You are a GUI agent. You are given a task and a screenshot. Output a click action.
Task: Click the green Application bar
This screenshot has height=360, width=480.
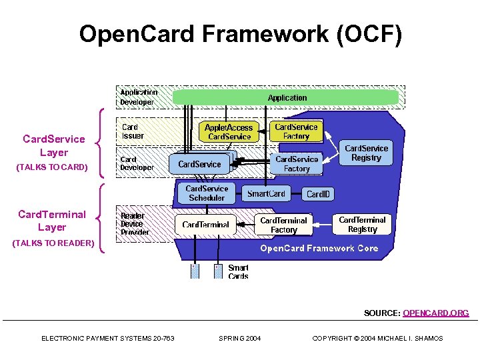click(285, 97)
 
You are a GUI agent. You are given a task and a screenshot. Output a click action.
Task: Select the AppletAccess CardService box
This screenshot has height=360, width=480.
click(229, 132)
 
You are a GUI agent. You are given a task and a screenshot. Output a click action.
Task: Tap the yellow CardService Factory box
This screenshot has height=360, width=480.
click(296, 131)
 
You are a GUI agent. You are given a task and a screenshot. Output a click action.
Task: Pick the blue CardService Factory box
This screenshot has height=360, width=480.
click(296, 164)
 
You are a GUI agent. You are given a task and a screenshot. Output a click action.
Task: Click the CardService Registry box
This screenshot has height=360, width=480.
click(366, 153)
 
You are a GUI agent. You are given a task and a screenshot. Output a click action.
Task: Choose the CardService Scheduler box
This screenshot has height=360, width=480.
click(207, 193)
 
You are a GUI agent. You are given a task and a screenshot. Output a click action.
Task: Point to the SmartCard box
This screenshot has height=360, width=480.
click(266, 193)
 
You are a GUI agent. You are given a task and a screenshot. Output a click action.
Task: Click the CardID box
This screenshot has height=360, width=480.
click(318, 194)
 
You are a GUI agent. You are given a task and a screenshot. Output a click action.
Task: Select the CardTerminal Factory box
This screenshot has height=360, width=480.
click(283, 225)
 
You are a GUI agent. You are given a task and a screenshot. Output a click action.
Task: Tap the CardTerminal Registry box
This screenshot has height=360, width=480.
click(362, 225)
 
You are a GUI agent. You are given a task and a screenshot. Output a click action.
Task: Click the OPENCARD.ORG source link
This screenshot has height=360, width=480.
click(435, 313)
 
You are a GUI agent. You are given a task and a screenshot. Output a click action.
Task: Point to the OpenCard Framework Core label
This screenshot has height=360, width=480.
click(319, 248)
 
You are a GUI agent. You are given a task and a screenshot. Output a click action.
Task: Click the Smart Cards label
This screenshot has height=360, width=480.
click(238, 272)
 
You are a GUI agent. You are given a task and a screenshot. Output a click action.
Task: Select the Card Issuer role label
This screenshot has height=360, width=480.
click(133, 131)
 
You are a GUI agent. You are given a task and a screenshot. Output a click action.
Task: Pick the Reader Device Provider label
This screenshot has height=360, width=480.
click(135, 224)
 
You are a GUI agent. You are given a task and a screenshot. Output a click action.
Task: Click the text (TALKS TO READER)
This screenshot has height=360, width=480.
click(53, 243)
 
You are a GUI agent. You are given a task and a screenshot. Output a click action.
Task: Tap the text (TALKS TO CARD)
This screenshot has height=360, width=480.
click(52, 167)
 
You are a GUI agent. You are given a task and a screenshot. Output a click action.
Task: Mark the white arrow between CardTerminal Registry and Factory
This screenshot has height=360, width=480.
click(323, 225)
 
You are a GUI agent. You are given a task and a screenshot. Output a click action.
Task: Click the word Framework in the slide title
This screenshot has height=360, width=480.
click(265, 33)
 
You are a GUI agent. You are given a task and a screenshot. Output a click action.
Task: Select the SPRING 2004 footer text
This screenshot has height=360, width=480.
click(240, 338)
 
